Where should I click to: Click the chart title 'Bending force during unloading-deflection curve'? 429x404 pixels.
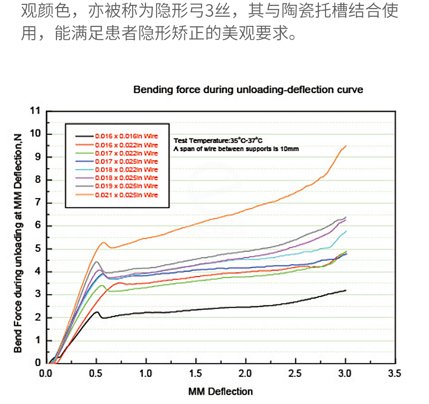pos(248,90)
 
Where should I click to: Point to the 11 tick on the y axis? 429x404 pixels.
pos(35,111)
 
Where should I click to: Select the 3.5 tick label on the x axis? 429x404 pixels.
pos(395,373)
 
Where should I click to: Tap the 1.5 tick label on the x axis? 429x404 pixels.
pos(195,373)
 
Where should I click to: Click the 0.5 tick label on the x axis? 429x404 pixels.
pos(96,373)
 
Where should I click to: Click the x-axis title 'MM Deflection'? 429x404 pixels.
pos(220,392)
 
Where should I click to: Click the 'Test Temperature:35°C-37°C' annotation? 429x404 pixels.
pos(218,140)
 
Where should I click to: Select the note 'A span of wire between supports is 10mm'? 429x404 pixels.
pos(236,149)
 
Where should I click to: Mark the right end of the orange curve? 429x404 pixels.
pos(345,146)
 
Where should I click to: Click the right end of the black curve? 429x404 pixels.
pos(345,290)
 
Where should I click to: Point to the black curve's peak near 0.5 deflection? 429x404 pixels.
pos(97,312)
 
